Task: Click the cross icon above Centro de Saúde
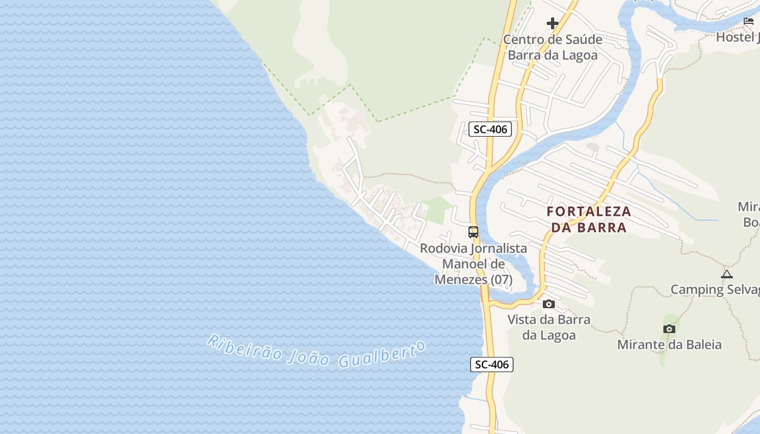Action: click(553, 23)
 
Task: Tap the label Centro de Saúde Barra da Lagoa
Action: click(553, 47)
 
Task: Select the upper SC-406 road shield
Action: click(490, 129)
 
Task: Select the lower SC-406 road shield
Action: click(491, 365)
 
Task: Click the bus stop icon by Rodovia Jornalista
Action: click(473, 232)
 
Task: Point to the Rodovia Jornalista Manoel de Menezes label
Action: click(473, 264)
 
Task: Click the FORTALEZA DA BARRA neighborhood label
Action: click(589, 219)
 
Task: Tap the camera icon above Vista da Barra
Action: click(549, 304)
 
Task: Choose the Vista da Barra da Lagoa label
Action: click(549, 327)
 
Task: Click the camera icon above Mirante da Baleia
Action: click(669, 329)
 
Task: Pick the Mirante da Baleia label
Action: click(669, 344)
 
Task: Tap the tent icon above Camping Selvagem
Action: click(727, 274)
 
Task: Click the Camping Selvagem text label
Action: click(715, 289)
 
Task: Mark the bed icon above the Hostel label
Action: click(749, 22)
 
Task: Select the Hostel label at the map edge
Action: click(737, 37)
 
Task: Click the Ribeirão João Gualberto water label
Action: click(315, 352)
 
